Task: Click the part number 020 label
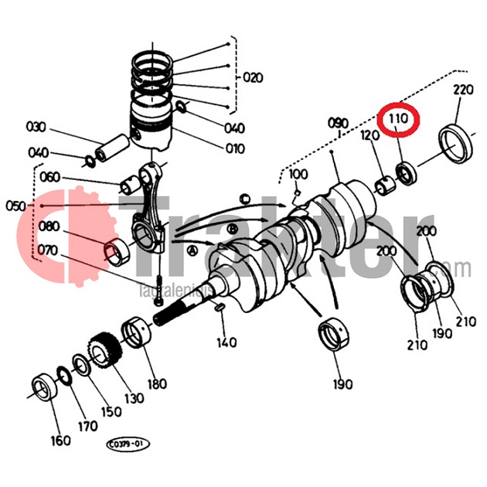pyautogui.click(x=253, y=77)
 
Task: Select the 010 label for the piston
pyautogui.click(x=234, y=148)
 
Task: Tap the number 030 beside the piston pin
pyautogui.click(x=36, y=127)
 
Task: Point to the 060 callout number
pyautogui.click(x=49, y=178)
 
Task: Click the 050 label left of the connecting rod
pyautogui.click(x=15, y=206)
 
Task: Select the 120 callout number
pyautogui.click(x=368, y=136)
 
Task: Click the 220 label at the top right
pyautogui.click(x=462, y=90)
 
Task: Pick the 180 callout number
pyautogui.click(x=157, y=384)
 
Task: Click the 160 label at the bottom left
pyautogui.click(x=60, y=441)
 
